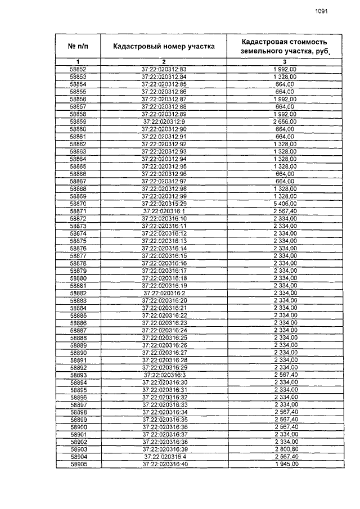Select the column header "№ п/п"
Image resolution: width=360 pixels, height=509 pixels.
[x=78, y=45]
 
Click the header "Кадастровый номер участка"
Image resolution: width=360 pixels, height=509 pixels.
[x=164, y=46]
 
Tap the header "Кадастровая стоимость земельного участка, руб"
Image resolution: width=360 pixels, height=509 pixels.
[x=285, y=46]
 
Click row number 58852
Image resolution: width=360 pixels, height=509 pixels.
[x=78, y=69]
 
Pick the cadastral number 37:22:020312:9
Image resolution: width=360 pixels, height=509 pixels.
[x=164, y=121]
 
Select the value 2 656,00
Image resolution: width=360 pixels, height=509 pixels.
[x=285, y=121]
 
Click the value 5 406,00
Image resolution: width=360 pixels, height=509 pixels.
[x=285, y=203]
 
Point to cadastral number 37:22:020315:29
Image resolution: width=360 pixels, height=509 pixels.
[x=164, y=203]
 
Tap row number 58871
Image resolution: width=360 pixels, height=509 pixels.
[x=78, y=211]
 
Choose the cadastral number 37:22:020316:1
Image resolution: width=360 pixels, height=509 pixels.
[x=164, y=211]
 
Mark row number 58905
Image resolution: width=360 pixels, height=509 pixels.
[x=78, y=464]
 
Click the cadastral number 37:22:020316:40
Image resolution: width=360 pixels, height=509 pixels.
[x=164, y=464]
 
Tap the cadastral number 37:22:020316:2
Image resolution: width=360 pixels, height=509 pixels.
[x=164, y=293]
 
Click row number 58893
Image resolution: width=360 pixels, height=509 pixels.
[x=78, y=375]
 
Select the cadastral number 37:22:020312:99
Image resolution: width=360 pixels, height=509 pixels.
[x=164, y=196]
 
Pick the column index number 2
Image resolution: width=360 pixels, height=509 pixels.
[x=164, y=61]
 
